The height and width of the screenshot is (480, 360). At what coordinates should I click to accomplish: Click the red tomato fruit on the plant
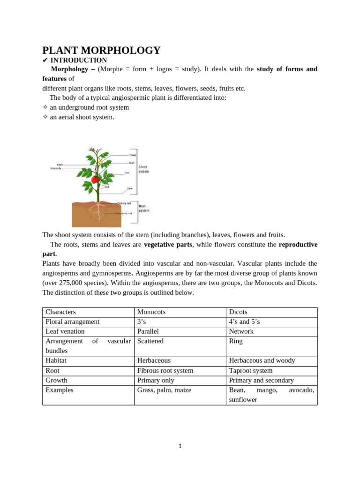95,179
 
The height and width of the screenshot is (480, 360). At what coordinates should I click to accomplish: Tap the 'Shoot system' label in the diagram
143,169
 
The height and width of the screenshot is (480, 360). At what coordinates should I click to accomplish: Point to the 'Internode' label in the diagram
57,168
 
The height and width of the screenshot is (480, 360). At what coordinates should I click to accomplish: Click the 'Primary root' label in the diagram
124,203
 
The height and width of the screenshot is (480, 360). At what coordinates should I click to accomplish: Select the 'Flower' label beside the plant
133,155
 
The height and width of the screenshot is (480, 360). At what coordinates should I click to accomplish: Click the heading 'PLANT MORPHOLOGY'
101,51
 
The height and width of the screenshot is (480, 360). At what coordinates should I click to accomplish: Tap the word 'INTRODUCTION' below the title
78,60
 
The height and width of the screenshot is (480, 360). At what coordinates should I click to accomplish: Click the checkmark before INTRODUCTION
45,60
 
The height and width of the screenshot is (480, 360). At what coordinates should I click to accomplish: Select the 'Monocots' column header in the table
151,312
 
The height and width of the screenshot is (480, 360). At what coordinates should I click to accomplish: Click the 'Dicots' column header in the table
238,312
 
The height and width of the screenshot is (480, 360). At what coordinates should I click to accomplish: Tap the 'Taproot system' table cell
251,371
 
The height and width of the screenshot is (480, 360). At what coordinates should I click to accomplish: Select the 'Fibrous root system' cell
165,371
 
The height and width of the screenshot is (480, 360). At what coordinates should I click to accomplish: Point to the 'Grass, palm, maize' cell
164,390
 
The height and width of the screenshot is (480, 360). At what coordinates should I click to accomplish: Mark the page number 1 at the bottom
180,446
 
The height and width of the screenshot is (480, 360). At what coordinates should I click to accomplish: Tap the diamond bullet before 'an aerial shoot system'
45,117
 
